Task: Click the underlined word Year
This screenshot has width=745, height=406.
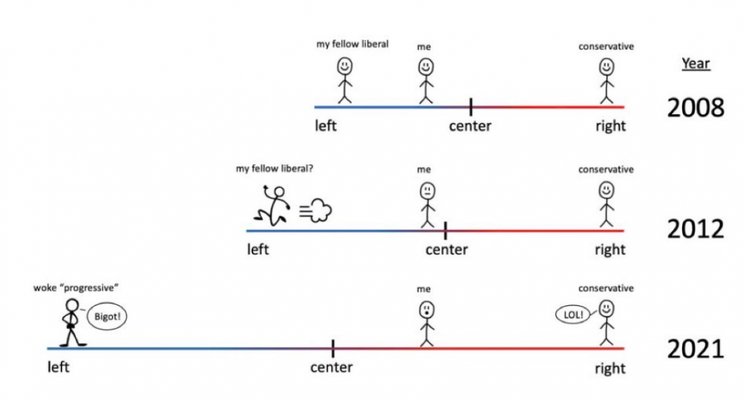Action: (x=696, y=64)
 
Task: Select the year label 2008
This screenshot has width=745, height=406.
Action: (x=696, y=108)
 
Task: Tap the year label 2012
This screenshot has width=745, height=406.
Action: (x=696, y=229)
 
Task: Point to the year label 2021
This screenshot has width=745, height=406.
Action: (x=696, y=349)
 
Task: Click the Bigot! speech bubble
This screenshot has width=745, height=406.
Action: (x=107, y=317)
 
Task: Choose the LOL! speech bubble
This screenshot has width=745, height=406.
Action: (x=573, y=315)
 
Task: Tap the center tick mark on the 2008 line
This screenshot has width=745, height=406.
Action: (x=470, y=107)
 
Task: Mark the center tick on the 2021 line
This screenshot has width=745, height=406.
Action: (x=333, y=348)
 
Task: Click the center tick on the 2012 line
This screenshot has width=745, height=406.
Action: (x=445, y=231)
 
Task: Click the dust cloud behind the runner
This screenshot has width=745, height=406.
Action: (x=315, y=210)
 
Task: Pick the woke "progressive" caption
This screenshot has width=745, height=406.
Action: (x=76, y=288)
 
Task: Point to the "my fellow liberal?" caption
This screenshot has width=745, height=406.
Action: (x=275, y=168)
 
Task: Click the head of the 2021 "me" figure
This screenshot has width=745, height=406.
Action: (x=427, y=310)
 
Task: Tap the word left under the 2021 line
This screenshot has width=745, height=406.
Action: (x=58, y=367)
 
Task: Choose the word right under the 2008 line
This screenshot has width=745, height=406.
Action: (x=610, y=126)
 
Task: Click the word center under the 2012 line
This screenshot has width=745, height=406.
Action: (x=447, y=250)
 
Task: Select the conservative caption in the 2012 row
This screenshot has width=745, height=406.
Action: (x=606, y=170)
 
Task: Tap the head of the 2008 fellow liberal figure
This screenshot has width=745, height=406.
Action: (x=345, y=66)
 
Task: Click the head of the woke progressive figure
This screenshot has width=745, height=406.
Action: (x=72, y=305)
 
